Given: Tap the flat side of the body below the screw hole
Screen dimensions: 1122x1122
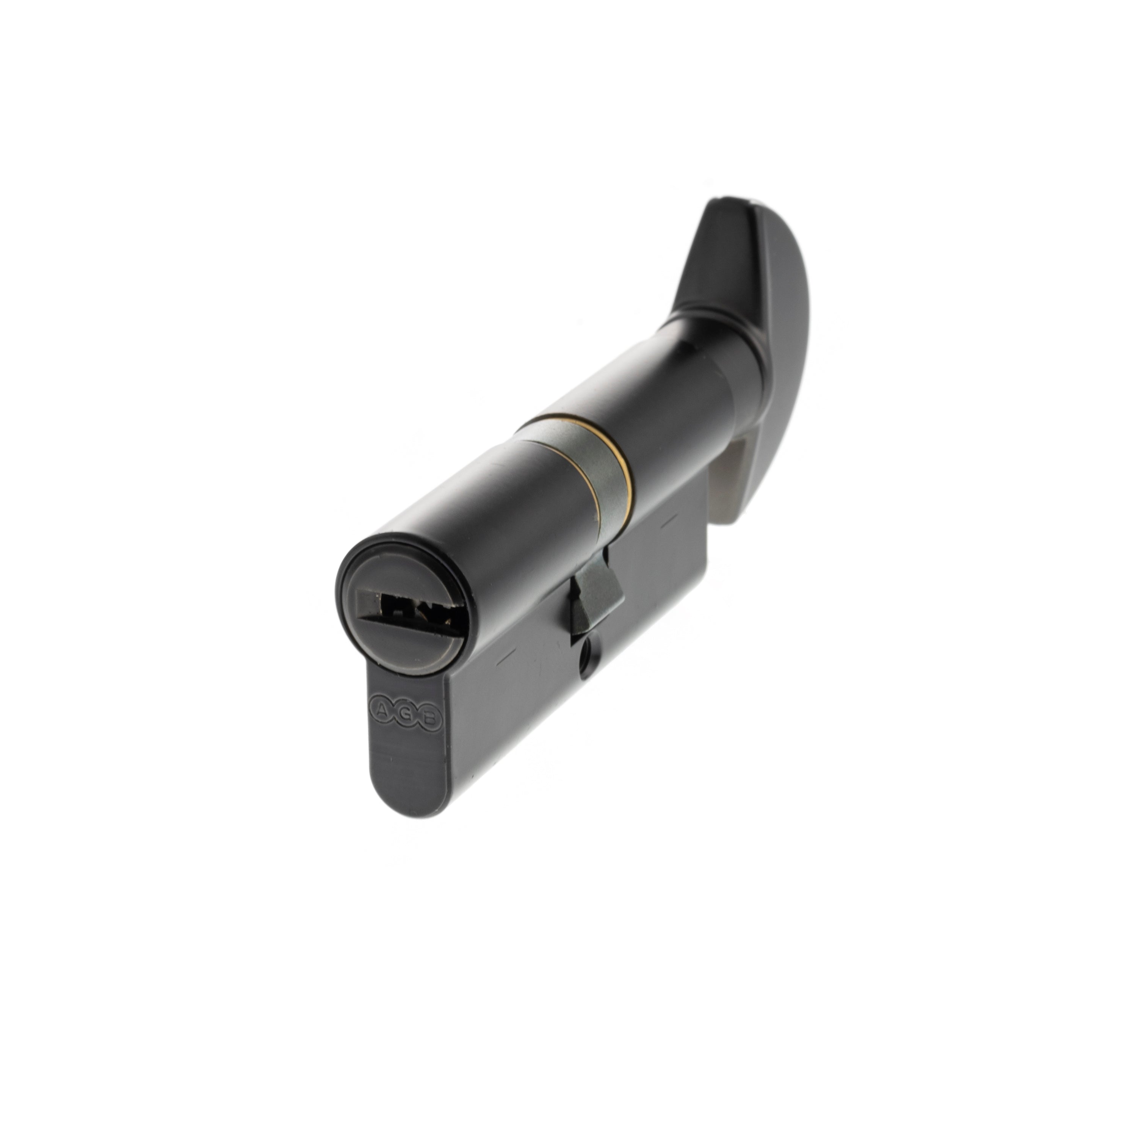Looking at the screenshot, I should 581,714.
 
